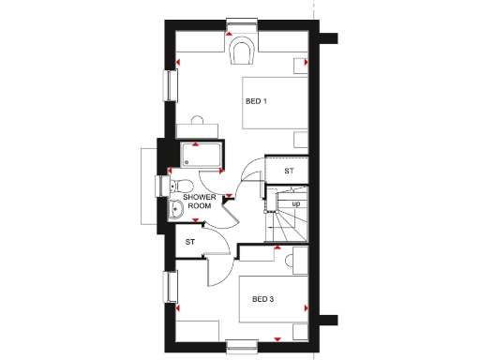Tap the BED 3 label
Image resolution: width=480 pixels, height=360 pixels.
click(263, 299)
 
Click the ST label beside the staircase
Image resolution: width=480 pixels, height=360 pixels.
click(289, 172)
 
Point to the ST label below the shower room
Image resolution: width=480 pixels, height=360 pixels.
click(189, 242)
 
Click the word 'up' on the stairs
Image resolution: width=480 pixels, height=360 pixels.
click(296, 203)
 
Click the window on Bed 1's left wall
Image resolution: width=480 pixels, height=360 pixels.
click(171, 84)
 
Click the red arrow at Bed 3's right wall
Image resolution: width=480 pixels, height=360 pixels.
click(307, 307)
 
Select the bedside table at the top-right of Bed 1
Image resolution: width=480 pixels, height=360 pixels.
click(300, 65)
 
